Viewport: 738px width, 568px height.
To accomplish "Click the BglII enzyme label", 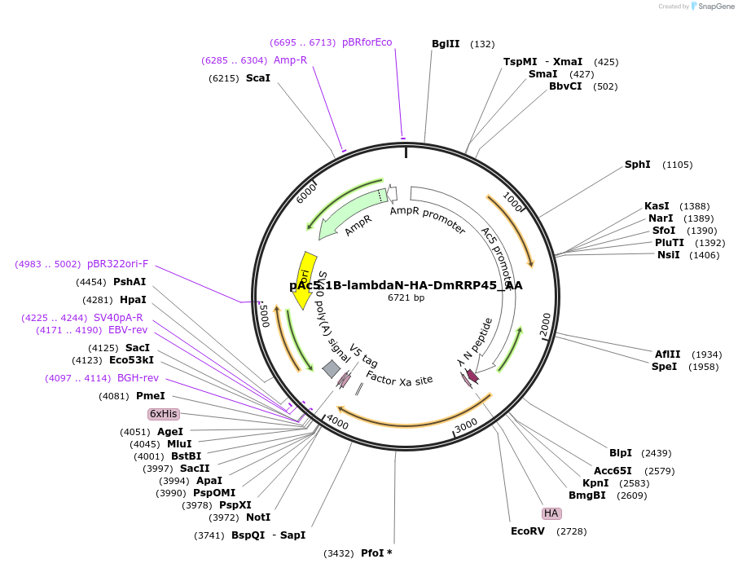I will [446, 44].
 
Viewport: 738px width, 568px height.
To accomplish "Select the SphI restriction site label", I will [638, 165].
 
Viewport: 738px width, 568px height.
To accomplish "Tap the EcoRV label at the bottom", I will [528, 531].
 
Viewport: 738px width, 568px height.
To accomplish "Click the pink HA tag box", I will [551, 513].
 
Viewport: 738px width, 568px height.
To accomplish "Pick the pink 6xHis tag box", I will [163, 414].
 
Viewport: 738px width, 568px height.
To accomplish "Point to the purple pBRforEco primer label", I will [367, 42].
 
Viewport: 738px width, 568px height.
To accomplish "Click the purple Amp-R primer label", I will [290, 60].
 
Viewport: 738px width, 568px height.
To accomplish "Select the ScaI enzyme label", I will [257, 78].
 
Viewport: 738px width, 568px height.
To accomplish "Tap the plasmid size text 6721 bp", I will [406, 298].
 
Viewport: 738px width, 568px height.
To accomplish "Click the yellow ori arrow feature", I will [302, 280].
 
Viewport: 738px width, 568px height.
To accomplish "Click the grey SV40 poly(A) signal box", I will [332, 369].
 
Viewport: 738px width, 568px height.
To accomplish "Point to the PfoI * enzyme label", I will [376, 553].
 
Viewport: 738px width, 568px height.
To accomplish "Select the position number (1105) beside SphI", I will [677, 165].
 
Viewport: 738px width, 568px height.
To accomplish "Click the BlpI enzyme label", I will [621, 453].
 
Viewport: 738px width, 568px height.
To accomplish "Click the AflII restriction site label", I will [667, 354].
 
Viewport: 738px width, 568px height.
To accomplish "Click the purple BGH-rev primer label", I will [138, 378].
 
